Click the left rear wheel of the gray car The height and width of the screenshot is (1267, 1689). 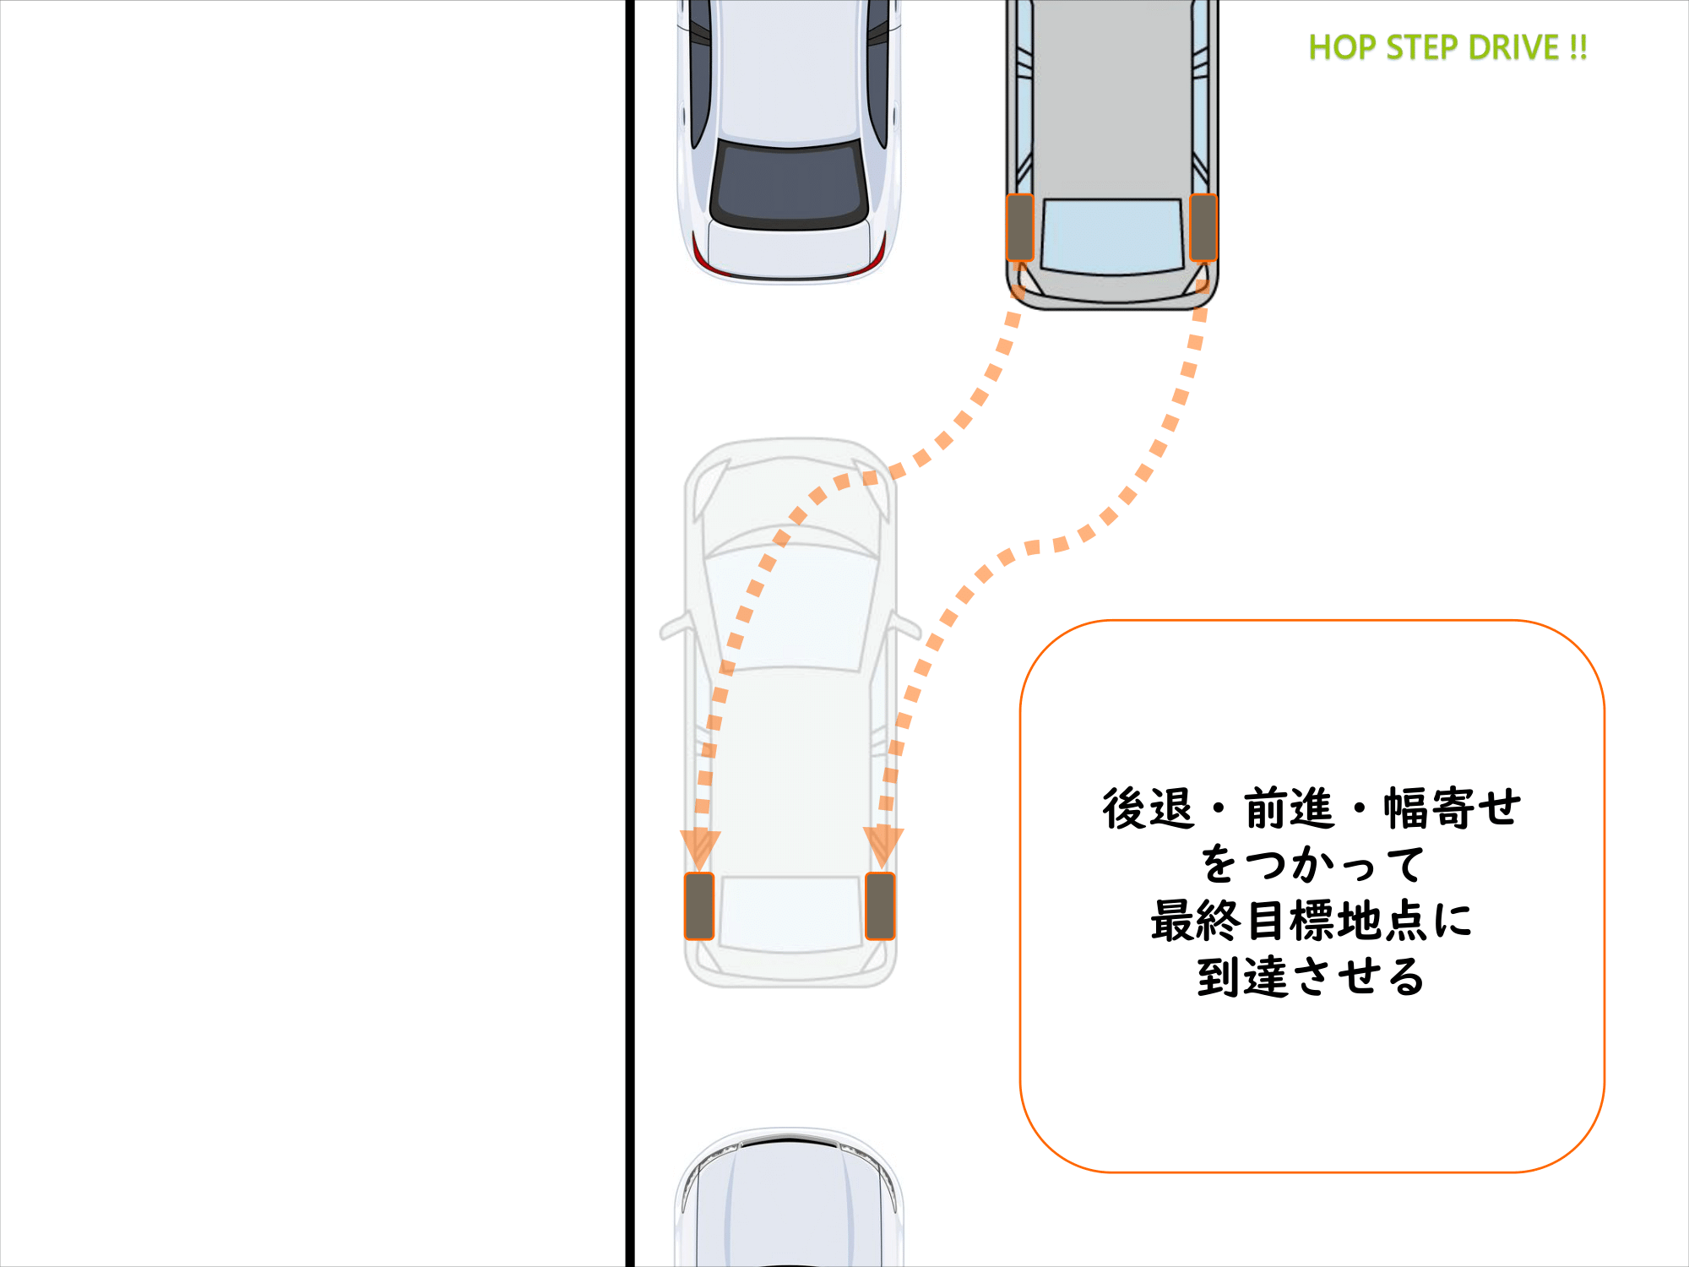tap(1020, 227)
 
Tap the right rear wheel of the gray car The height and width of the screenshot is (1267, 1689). tap(1203, 227)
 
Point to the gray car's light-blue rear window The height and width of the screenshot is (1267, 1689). tap(1112, 237)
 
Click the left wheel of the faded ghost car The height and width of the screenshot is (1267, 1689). tap(699, 906)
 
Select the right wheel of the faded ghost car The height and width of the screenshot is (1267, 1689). tap(881, 906)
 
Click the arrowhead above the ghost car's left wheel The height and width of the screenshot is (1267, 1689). tap(700, 848)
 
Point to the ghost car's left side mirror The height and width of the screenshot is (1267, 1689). tap(676, 626)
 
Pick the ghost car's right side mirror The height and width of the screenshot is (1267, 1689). tap(904, 626)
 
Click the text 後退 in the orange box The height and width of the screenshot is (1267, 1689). tap(1149, 808)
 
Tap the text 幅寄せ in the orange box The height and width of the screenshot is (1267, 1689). tap(1453, 808)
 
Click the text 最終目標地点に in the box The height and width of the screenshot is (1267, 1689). tap(1312, 921)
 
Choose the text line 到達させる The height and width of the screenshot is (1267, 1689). tap(1312, 977)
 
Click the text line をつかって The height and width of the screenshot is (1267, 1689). tap(1312, 864)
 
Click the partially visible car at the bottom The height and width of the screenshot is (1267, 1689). tap(790, 1199)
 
